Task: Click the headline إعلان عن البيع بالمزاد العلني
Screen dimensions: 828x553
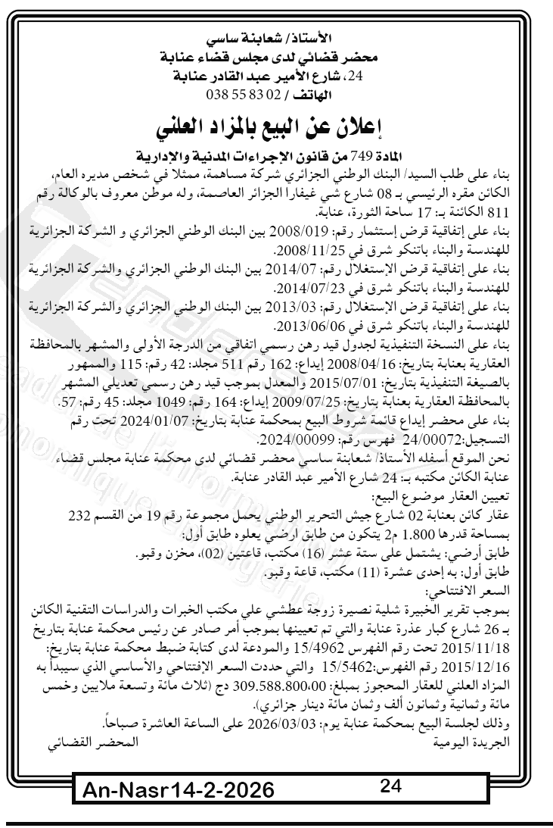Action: click(276, 125)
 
